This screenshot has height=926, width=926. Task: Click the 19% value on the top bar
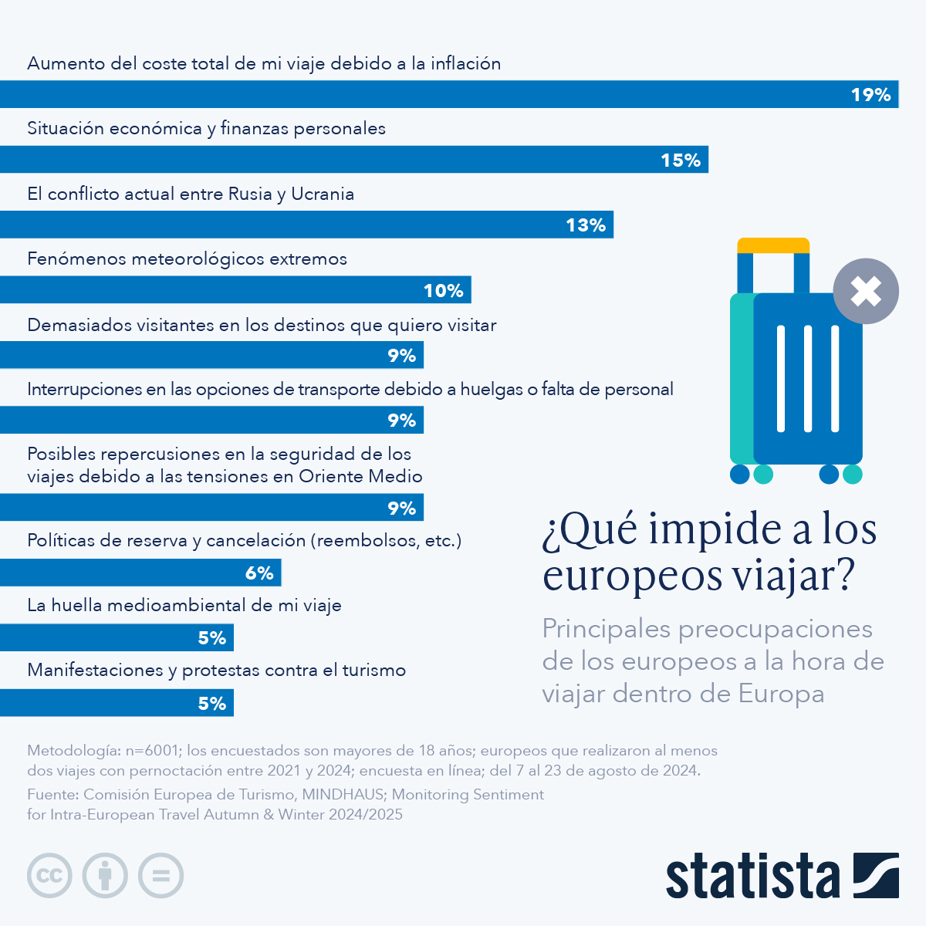[870, 95]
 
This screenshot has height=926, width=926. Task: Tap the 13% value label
[586, 225]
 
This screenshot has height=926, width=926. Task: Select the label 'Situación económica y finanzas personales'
[206, 128]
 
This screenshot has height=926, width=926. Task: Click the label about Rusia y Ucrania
[191, 194]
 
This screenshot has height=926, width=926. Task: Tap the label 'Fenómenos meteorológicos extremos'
[187, 259]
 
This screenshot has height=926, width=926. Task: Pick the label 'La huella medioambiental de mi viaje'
[184, 605]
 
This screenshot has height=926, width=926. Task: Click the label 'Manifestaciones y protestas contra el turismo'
[216, 670]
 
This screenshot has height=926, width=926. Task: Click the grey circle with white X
[866, 292]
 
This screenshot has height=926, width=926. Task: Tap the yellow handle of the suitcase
[773, 245]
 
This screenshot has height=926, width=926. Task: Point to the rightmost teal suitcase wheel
[853, 474]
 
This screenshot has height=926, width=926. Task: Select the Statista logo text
[752, 877]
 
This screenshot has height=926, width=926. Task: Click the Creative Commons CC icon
[50, 876]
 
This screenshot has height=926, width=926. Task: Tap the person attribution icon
[105, 876]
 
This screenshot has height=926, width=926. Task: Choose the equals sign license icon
[161, 876]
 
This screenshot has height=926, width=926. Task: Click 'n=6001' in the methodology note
[154, 750]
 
